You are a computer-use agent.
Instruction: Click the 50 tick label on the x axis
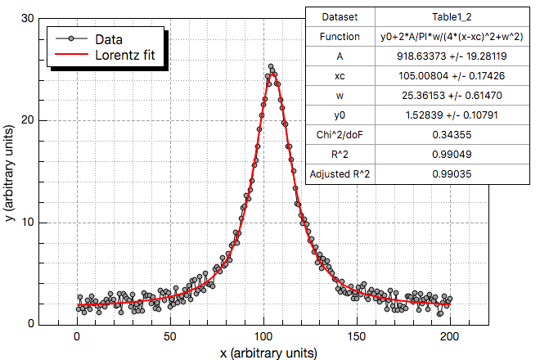click(170, 335)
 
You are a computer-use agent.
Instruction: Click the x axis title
click(268, 353)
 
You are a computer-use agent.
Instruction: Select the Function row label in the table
click(340, 36)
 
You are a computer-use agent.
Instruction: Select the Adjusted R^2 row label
click(340, 173)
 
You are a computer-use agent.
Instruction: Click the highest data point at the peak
click(271, 68)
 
